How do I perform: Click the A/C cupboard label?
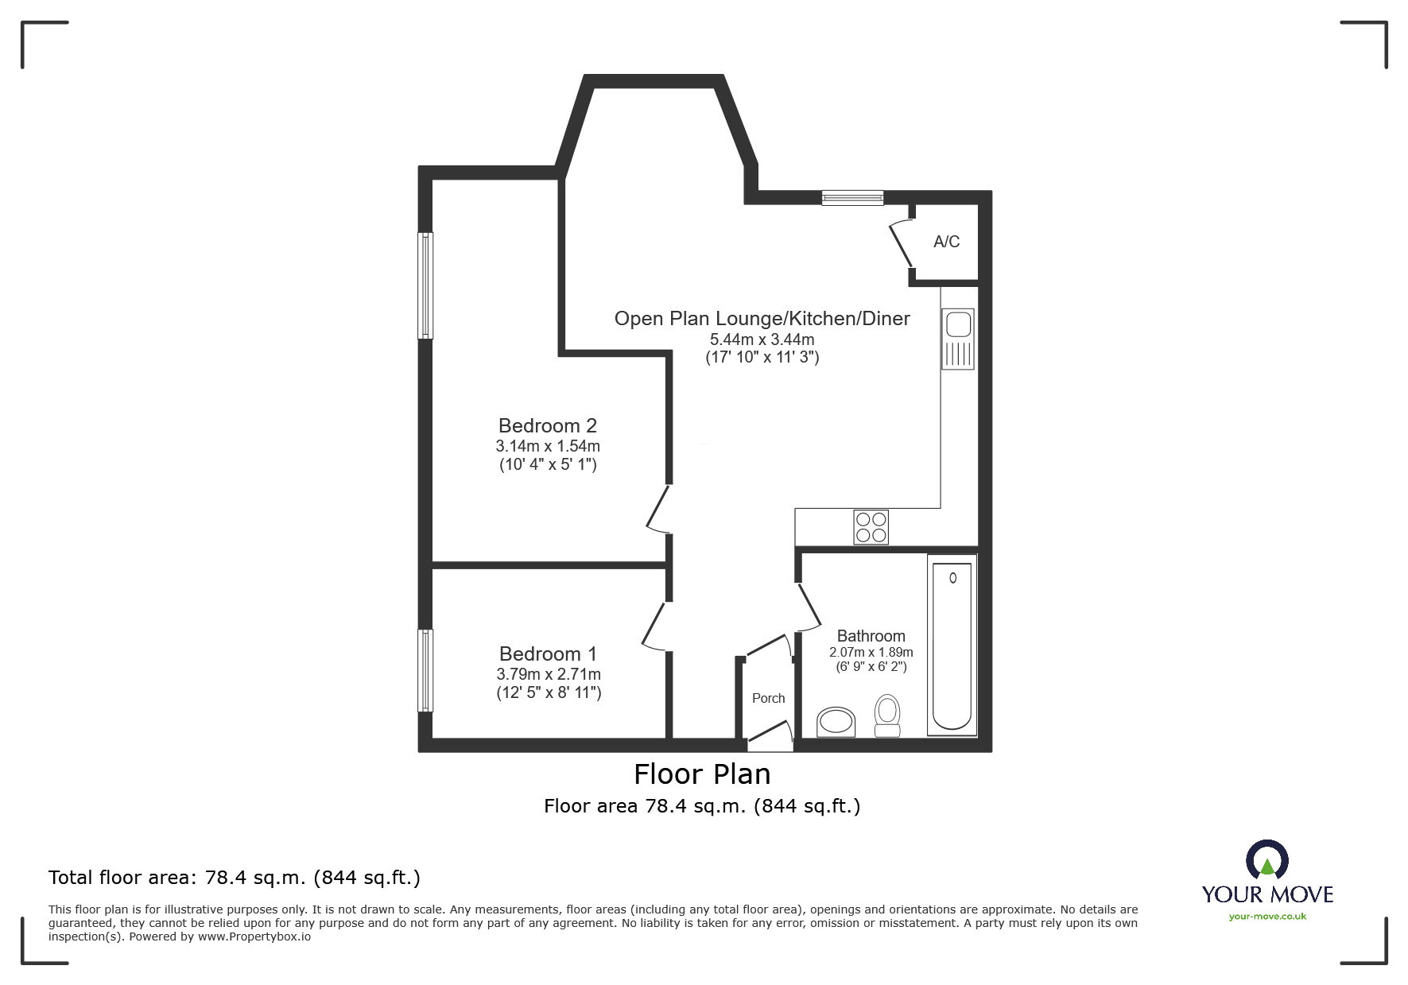coord(946,242)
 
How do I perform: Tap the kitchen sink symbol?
coord(958,339)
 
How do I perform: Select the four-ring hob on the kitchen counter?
coord(871,527)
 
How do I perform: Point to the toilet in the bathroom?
coord(886,715)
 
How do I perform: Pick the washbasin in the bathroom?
coord(836,723)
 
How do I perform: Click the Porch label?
coord(768,698)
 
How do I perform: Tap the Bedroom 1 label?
coord(548,654)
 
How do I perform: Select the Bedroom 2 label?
coord(548,426)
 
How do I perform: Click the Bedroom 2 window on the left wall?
coord(426,285)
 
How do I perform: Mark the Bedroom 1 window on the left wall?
coord(426,671)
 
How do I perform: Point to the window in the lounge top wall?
coord(852,198)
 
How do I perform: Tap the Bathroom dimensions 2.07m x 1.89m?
coord(871,653)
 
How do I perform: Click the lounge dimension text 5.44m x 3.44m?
coord(762,339)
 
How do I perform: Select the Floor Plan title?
coord(702,774)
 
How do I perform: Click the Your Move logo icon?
coord(1267,859)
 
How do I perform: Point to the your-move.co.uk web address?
coord(1267,917)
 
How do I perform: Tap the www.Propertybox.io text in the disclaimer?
coord(254,937)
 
